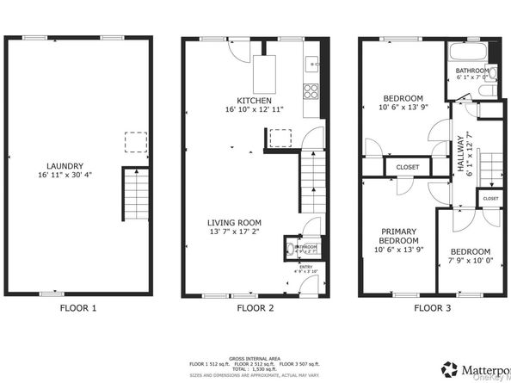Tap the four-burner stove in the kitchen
tap(310, 90)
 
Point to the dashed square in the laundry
tap(135, 141)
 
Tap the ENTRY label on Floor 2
tap(305, 268)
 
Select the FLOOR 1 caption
tap(78, 307)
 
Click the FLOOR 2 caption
tap(255, 307)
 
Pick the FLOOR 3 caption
tap(431, 307)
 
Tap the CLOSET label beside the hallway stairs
tap(489, 198)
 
